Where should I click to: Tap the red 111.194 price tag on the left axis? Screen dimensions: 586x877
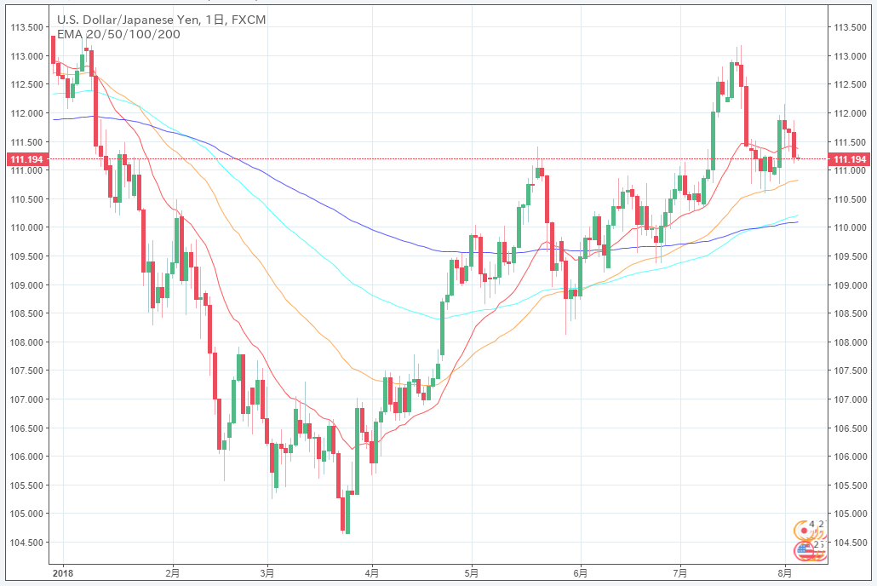click(x=26, y=159)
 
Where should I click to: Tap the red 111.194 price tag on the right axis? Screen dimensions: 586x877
click(x=849, y=159)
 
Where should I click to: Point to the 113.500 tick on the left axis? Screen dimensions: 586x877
click(x=26, y=26)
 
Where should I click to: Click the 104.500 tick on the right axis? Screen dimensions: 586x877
click(x=849, y=542)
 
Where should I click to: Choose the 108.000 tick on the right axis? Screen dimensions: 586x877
click(x=849, y=342)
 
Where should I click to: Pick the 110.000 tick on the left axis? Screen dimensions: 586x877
click(x=26, y=227)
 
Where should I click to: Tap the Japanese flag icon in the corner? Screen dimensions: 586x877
click(x=800, y=527)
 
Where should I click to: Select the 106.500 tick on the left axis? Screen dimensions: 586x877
click(x=26, y=428)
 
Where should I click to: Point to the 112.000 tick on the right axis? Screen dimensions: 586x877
click(x=849, y=112)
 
